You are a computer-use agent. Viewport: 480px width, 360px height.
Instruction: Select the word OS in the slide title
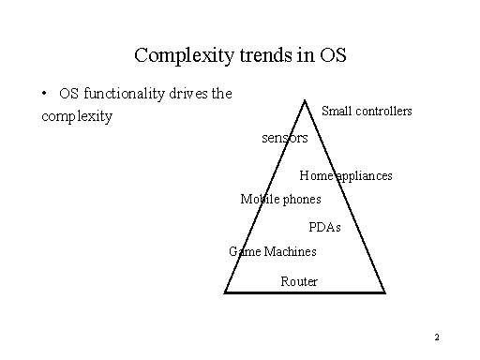click(332, 54)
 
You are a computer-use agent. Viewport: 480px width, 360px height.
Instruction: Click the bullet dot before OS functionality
click(45, 94)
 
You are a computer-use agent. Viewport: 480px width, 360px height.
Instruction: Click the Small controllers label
click(367, 112)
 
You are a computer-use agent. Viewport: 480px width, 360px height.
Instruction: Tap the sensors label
click(285, 138)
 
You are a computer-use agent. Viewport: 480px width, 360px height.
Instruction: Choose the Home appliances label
click(346, 175)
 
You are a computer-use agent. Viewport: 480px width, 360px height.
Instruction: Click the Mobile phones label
click(280, 199)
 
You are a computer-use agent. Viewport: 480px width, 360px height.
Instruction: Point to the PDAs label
click(324, 228)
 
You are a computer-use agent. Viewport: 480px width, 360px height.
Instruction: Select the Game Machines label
click(273, 251)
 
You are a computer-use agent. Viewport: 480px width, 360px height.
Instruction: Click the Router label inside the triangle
click(299, 281)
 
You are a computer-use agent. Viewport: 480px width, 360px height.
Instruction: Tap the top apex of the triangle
click(305, 98)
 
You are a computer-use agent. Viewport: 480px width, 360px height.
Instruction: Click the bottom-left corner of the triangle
click(225, 292)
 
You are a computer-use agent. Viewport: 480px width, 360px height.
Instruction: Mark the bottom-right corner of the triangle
click(385, 292)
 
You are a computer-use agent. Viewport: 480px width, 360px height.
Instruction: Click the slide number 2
click(438, 337)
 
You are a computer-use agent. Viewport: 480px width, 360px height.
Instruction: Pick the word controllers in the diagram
click(382, 112)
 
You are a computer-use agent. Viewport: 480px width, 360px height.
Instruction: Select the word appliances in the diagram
click(365, 175)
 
